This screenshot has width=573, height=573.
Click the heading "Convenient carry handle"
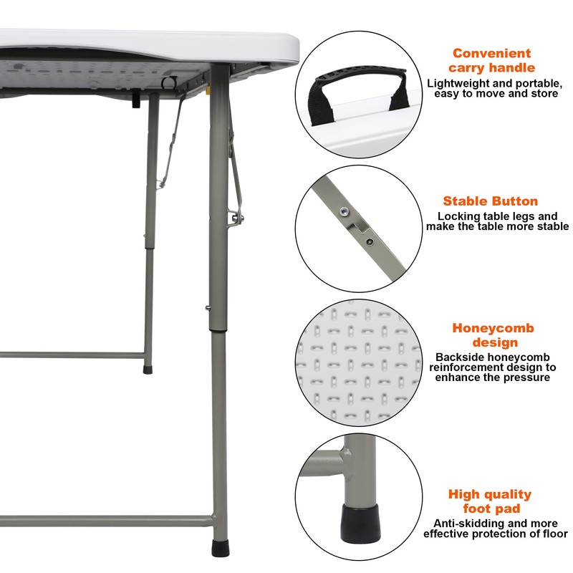(491, 60)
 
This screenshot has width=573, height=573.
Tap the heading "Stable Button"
(490, 201)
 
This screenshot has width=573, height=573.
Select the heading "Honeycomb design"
(493, 335)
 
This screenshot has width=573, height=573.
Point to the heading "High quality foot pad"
(490, 501)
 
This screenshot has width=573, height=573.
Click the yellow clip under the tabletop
(208, 92)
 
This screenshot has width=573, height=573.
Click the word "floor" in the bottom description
(552, 534)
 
